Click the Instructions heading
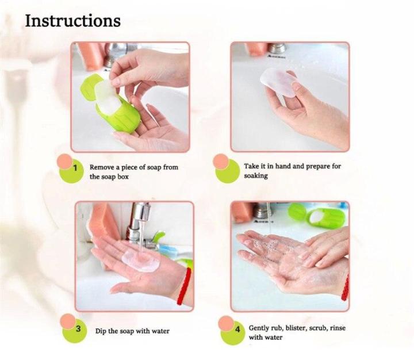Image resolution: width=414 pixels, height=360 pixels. pyautogui.click(x=72, y=21)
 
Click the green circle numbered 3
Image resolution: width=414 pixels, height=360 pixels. pyautogui.click(x=77, y=331)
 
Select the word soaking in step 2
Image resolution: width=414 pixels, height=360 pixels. pyautogui.click(x=256, y=176)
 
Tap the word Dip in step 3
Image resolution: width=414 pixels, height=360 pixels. pyautogui.click(x=101, y=331)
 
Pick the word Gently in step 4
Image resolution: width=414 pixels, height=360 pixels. pyautogui.click(x=260, y=328)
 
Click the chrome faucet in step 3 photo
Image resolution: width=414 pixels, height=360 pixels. pyautogui.click(x=138, y=219)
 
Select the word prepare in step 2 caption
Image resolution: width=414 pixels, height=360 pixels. pyautogui.click(x=315, y=167)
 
